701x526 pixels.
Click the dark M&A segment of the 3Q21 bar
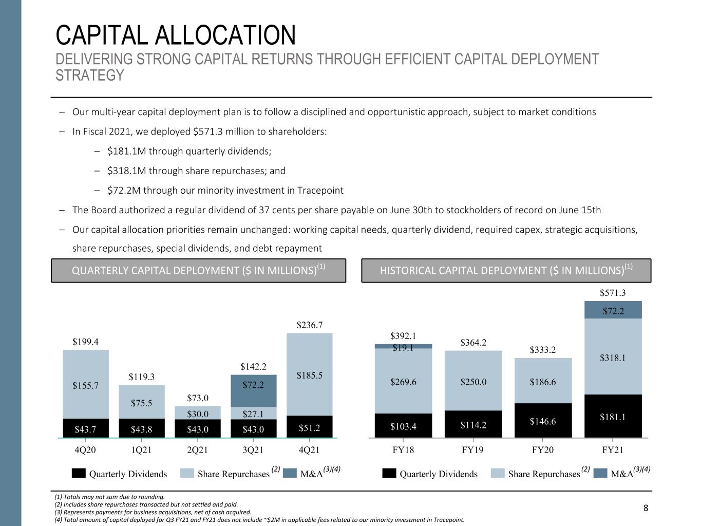pyautogui.click(x=254, y=390)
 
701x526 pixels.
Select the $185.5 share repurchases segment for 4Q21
pyautogui.click(x=310, y=374)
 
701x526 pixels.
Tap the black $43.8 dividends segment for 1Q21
pyautogui.click(x=142, y=428)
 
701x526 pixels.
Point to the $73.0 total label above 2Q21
pyautogui.click(x=198, y=398)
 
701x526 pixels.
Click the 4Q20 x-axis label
pyautogui.click(x=85, y=450)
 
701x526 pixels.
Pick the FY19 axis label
pyautogui.click(x=472, y=450)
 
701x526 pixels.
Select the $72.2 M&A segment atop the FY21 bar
pyautogui.click(x=613, y=310)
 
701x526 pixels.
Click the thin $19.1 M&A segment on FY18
pyautogui.click(x=403, y=346)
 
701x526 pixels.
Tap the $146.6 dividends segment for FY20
pyautogui.click(x=543, y=420)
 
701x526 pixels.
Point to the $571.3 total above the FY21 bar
pyautogui.click(x=613, y=293)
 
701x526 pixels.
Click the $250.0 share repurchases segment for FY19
pyautogui.click(x=473, y=381)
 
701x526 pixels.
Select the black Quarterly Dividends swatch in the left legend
pyautogui.click(x=79, y=473)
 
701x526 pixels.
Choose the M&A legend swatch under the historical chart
pyautogui.click(x=600, y=473)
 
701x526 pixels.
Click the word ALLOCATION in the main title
pyautogui.click(x=225, y=35)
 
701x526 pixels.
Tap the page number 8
pyautogui.click(x=646, y=508)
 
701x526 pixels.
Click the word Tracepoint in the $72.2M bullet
pyautogui.click(x=320, y=191)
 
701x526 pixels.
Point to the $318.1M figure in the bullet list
pyautogui.click(x=126, y=171)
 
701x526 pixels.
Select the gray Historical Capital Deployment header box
pyautogui.click(x=506, y=271)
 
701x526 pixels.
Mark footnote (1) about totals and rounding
pyautogui.click(x=109, y=497)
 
